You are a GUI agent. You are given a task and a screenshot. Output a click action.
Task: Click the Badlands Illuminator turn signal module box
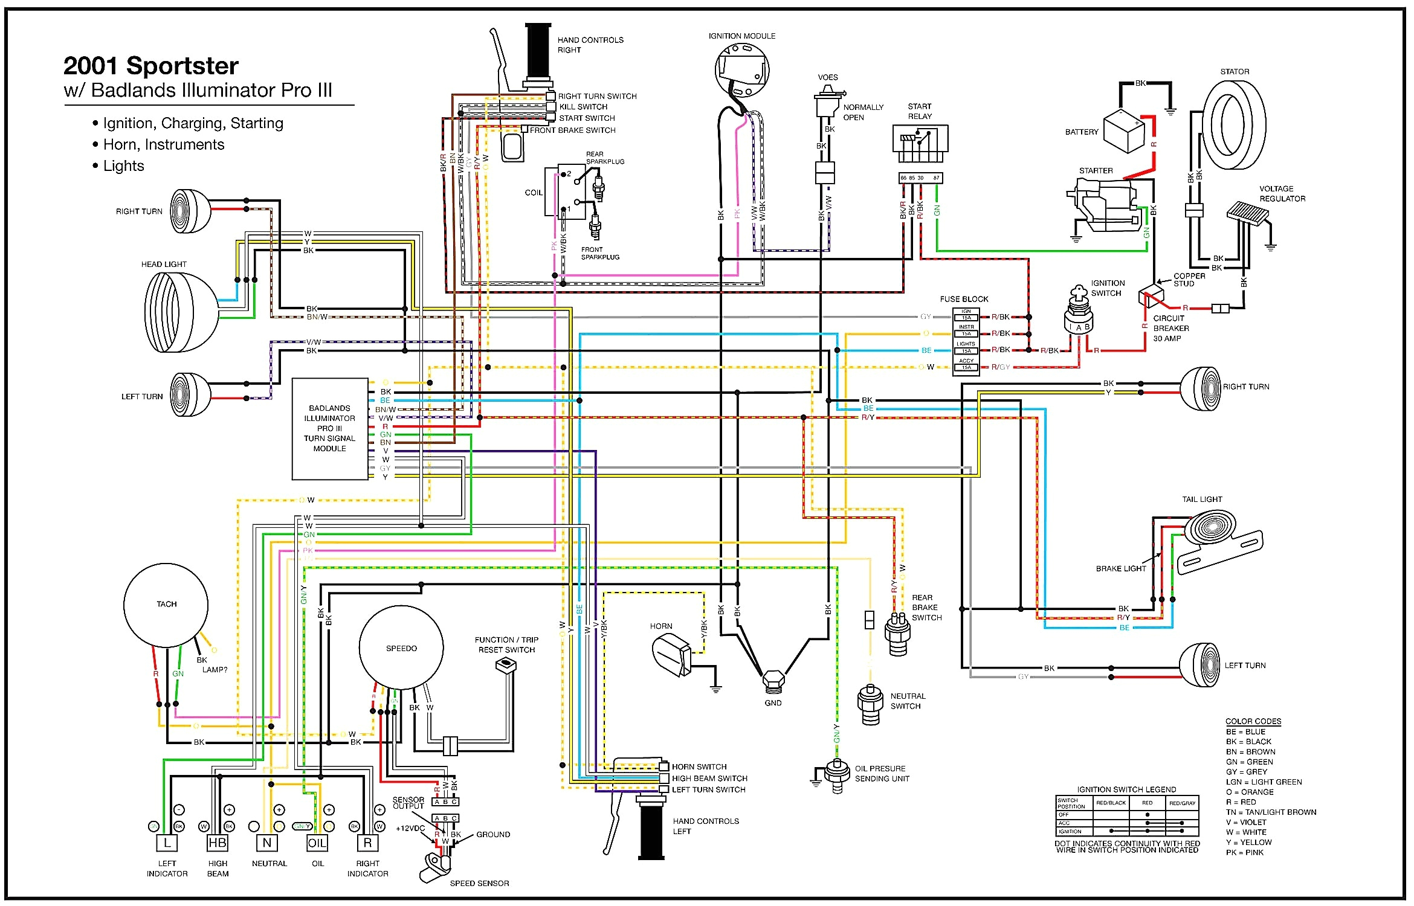point(329,429)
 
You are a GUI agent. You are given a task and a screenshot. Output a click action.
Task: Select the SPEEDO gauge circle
point(401,648)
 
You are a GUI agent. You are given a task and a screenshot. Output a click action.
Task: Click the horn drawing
point(671,655)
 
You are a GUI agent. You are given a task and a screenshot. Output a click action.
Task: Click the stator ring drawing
point(1234,125)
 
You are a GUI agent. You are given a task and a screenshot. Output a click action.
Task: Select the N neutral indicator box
point(267,843)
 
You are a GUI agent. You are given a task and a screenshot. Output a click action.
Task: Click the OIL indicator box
point(317,843)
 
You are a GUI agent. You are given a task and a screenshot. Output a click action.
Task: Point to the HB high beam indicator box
point(217,843)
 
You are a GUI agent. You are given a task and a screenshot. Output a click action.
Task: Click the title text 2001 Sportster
point(151,66)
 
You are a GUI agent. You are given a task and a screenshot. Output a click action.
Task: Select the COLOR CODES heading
point(1253,721)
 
